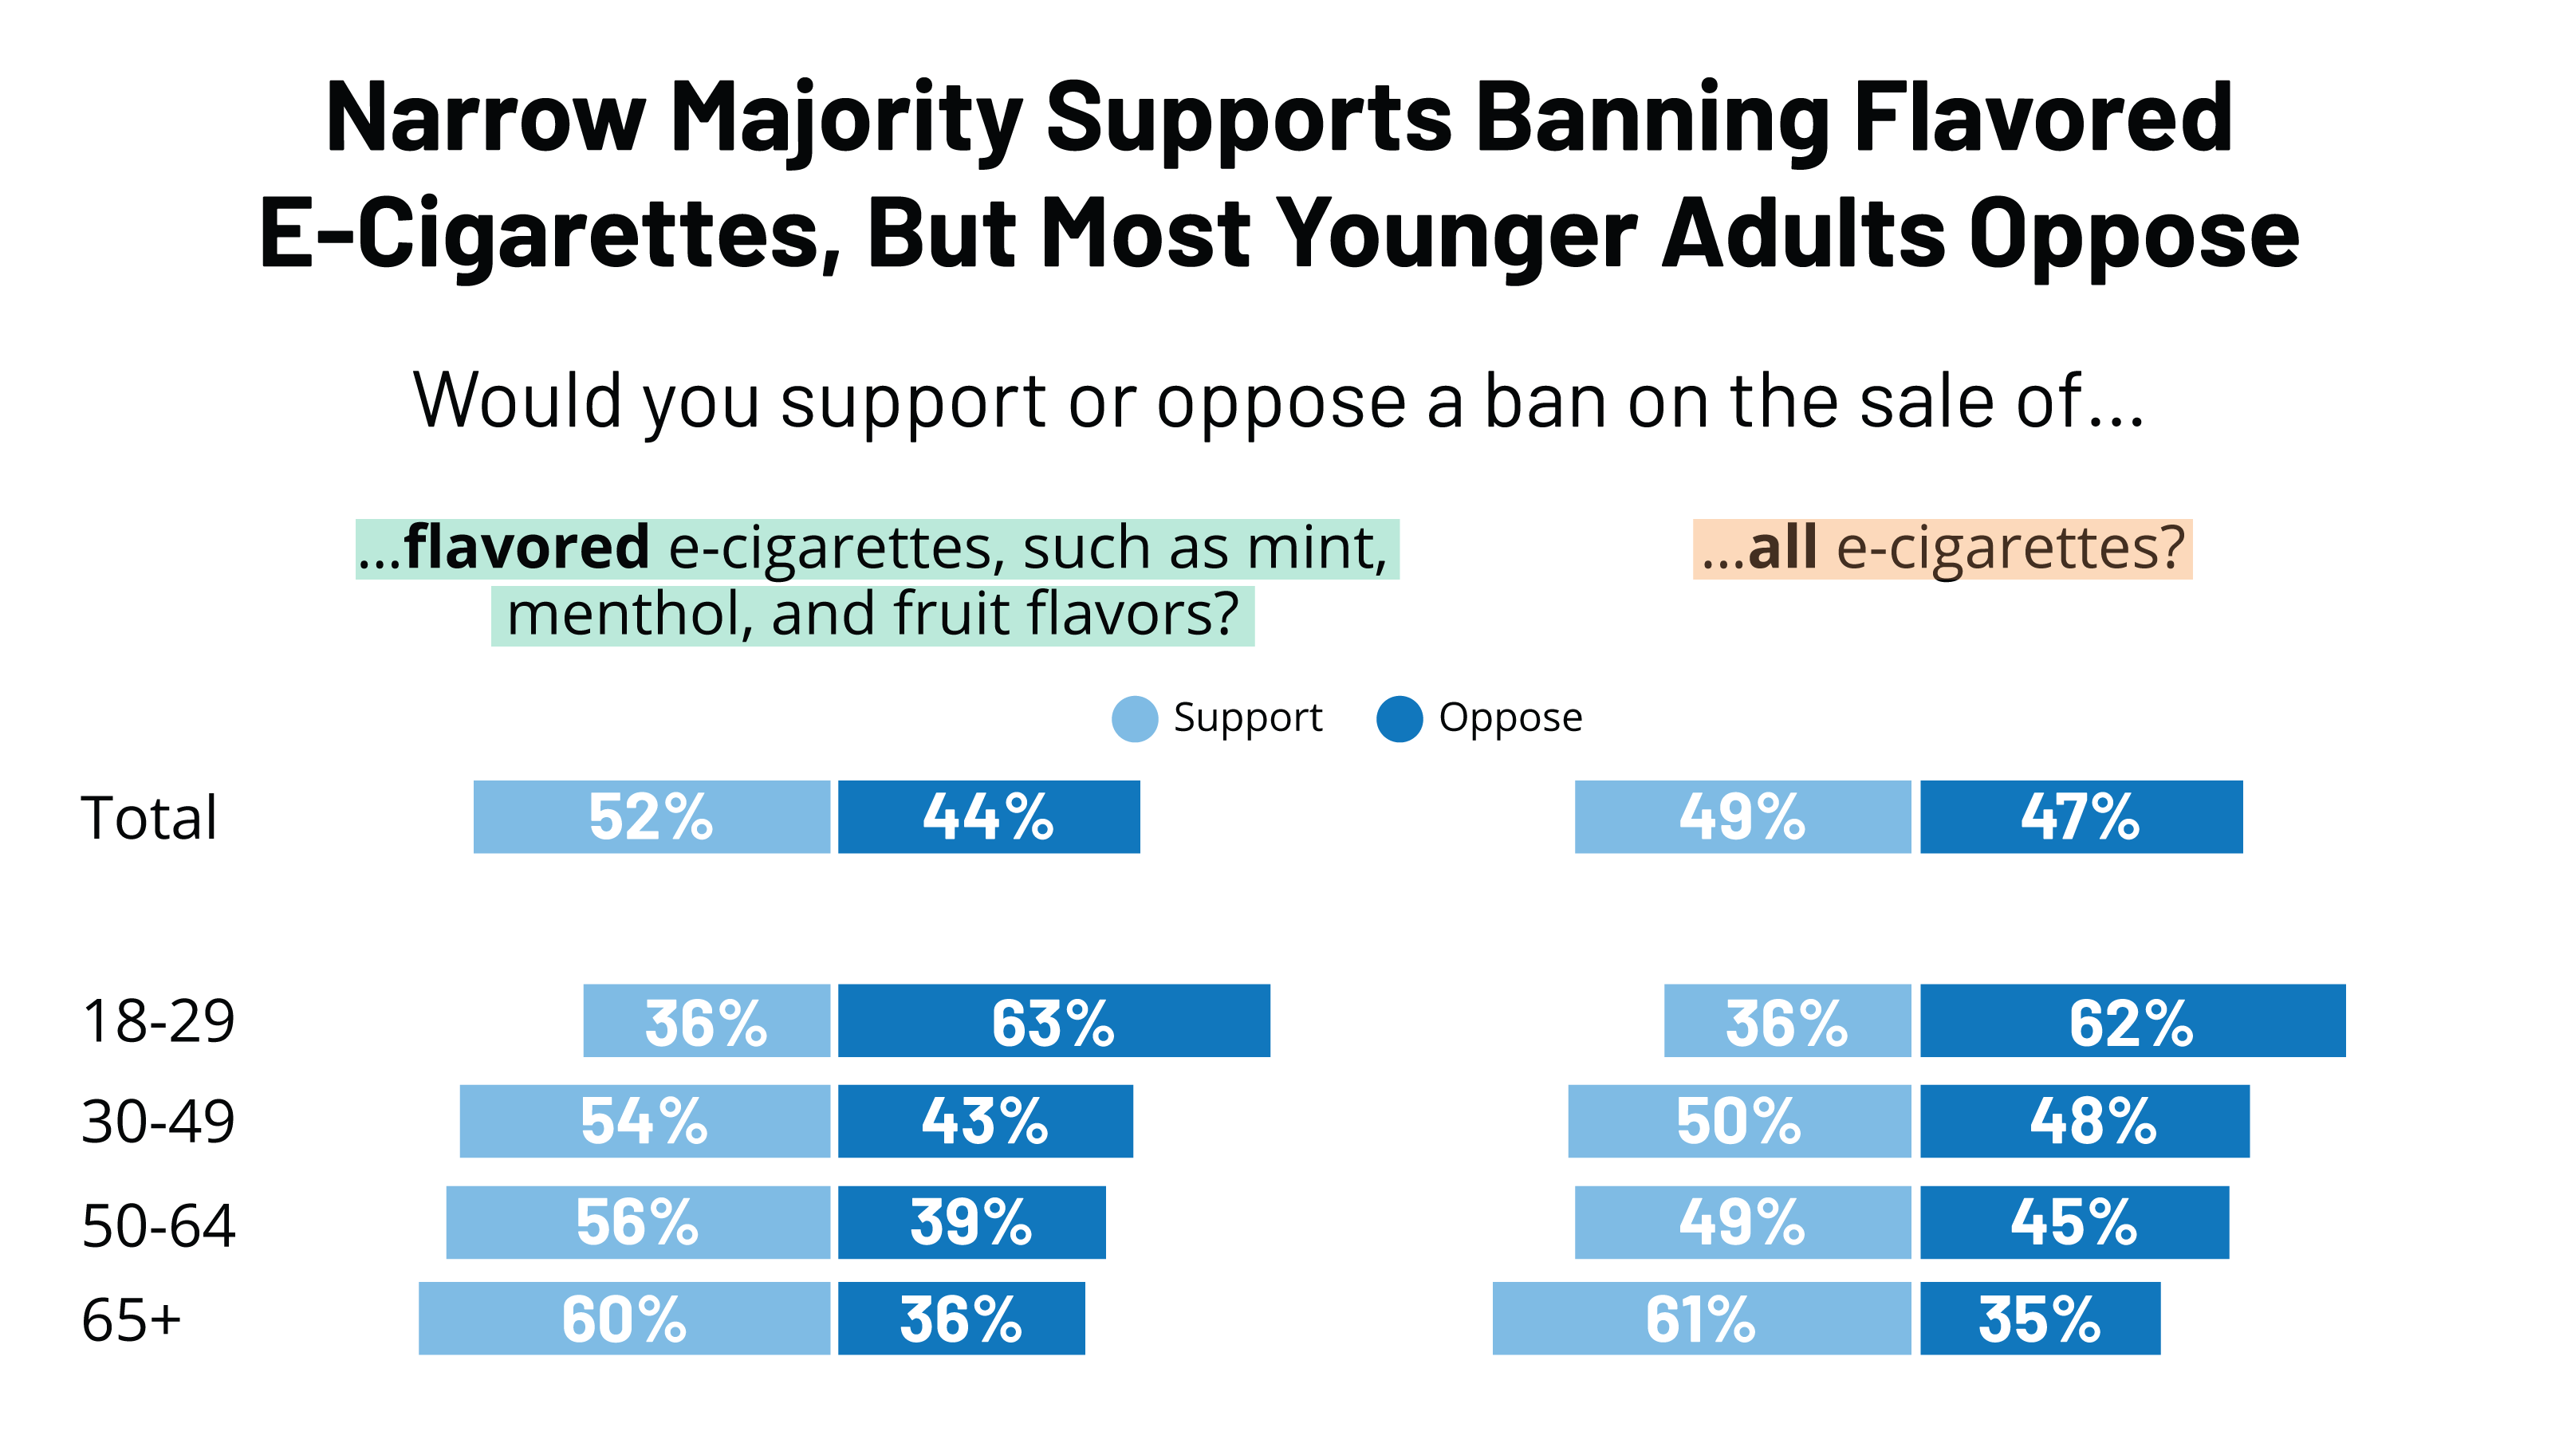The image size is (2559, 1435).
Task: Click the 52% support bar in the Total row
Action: pyautogui.click(x=651, y=816)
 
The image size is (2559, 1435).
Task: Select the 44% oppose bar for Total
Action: pyautogui.click(x=989, y=816)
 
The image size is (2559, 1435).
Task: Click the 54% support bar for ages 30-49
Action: pyautogui.click(x=644, y=1120)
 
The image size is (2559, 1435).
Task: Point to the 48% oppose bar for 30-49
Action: pyautogui.click(x=2085, y=1120)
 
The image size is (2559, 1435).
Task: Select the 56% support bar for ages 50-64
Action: pyautogui.click(x=638, y=1221)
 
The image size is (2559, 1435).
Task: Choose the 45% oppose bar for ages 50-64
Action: pyautogui.click(x=2074, y=1221)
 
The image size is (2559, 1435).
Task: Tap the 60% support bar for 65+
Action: pyautogui.click(x=624, y=1318)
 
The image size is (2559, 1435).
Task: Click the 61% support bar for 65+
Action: pyautogui.click(x=1701, y=1318)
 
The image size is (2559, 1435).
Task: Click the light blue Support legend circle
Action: pyautogui.click(x=1135, y=719)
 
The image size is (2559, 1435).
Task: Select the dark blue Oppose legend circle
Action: pyautogui.click(x=1399, y=719)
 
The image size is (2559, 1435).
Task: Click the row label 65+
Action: pyautogui.click(x=131, y=1320)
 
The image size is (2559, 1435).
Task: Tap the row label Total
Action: pyautogui.click(x=149, y=817)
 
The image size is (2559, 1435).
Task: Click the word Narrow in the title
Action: pyautogui.click(x=486, y=118)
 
